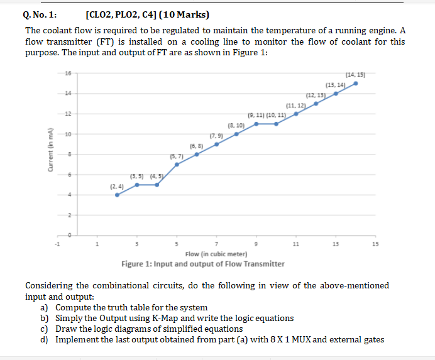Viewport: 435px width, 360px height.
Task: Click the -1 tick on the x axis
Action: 56,244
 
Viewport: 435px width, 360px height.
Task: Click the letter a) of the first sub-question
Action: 45,307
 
